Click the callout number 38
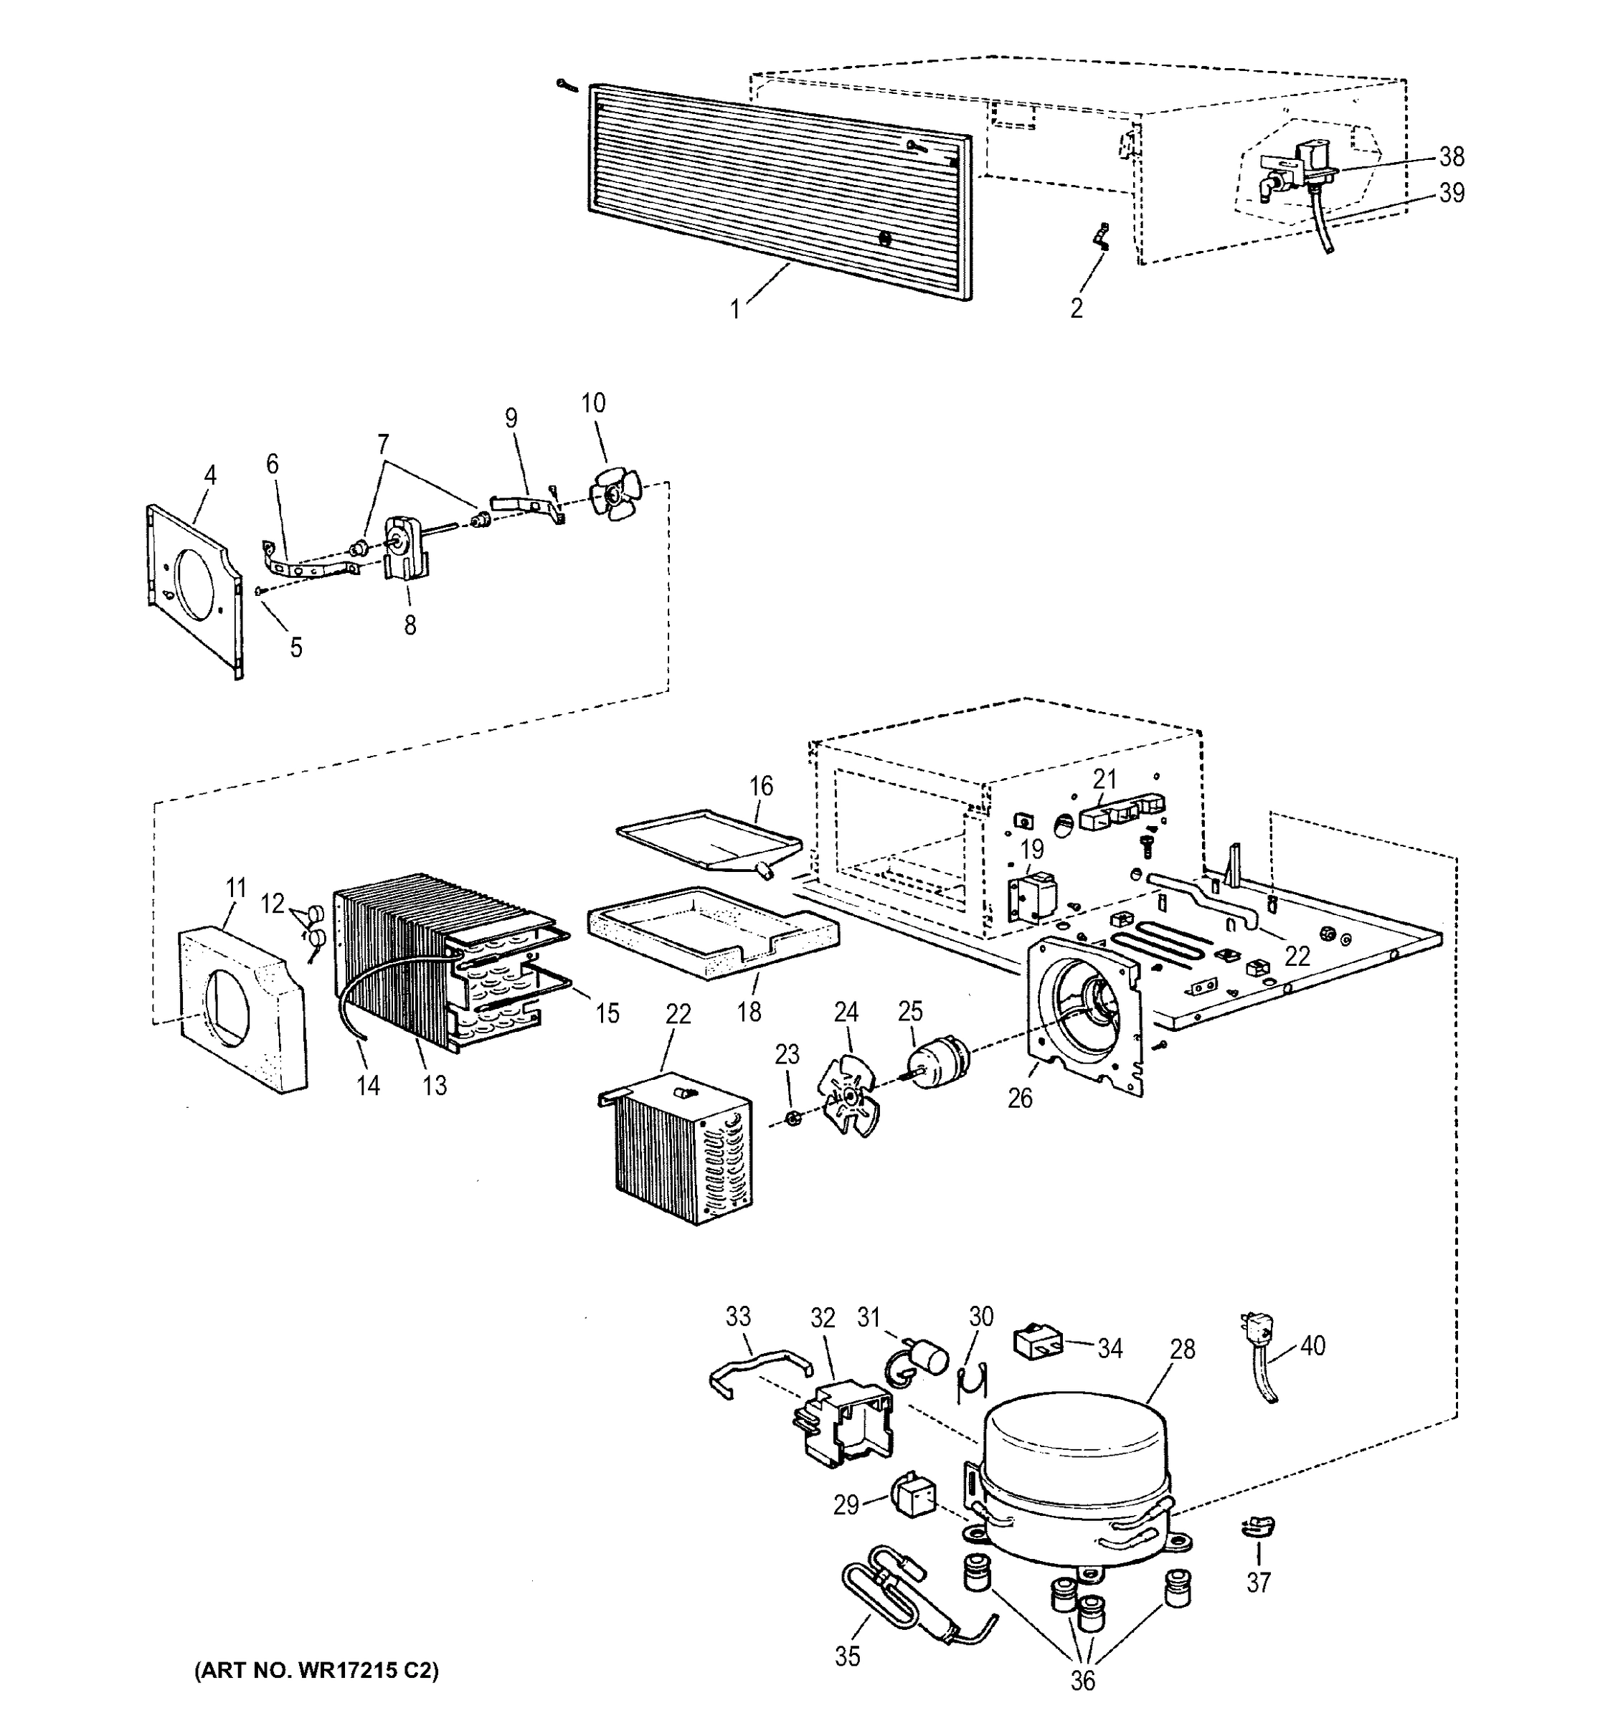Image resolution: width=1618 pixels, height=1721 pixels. [1452, 157]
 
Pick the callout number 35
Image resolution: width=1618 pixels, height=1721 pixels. [848, 1655]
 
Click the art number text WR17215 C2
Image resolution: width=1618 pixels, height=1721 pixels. [317, 1670]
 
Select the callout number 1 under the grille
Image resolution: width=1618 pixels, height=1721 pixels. [735, 309]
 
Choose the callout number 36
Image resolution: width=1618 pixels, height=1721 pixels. [1082, 1680]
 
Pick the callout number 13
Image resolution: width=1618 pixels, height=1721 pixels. [435, 1085]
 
